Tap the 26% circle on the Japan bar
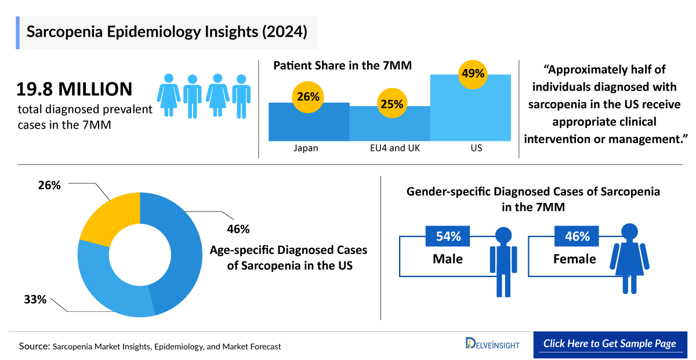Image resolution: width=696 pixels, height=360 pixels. (308, 97)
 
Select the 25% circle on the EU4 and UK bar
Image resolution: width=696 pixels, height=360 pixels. (391, 104)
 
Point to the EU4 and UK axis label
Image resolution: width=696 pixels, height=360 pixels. (391, 148)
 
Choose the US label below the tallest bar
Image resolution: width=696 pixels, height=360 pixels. (476, 148)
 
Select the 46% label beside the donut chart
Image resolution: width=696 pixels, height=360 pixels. (238, 229)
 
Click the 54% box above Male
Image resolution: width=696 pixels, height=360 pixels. (448, 237)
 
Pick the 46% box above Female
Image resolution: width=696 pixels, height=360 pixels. (577, 237)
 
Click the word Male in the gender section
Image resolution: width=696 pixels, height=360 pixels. (448, 259)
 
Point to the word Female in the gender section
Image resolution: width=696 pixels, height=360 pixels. (574, 259)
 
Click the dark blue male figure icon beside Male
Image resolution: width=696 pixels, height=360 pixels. (503, 261)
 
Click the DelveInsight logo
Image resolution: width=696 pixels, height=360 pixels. (492, 344)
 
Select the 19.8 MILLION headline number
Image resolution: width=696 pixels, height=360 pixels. (74, 89)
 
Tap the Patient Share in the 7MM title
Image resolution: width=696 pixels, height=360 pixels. (342, 66)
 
